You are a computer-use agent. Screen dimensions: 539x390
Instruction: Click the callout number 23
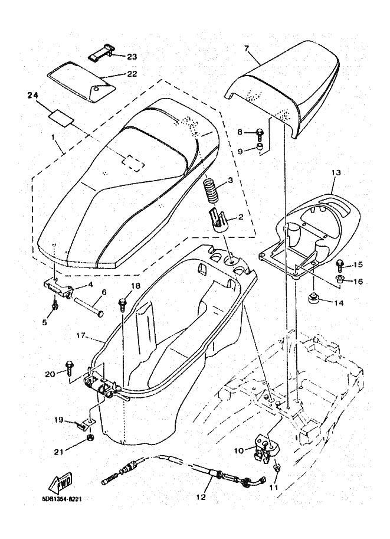132,57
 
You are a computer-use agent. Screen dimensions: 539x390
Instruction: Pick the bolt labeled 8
259,133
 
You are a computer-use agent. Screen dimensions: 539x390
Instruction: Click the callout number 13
336,172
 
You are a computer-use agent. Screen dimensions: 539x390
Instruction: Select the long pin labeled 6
89,307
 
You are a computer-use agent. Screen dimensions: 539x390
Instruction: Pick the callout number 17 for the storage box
81,337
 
